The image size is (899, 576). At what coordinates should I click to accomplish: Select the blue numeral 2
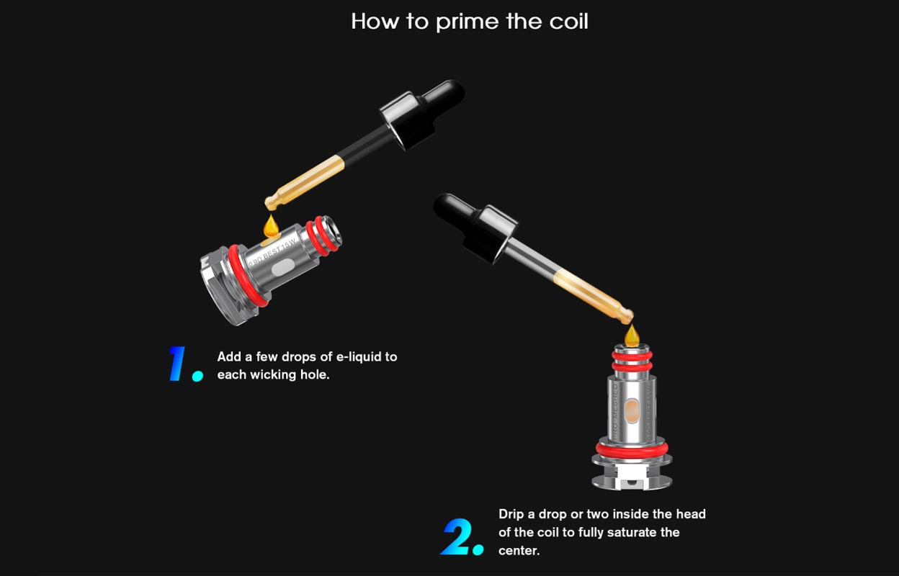click(x=457, y=536)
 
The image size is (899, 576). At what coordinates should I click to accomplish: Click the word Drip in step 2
click(x=511, y=514)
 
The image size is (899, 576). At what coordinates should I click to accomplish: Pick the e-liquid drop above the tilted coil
click(x=271, y=226)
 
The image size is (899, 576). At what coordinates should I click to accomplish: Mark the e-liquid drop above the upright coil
click(x=632, y=334)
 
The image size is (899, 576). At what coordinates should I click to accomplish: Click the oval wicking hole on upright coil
click(x=632, y=411)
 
